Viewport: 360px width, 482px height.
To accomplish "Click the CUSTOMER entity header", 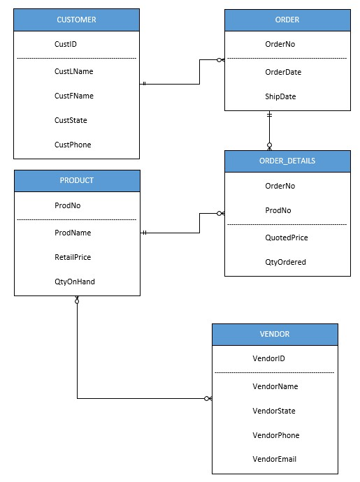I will point(77,20).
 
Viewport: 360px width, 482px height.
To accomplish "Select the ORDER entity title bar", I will point(287,20).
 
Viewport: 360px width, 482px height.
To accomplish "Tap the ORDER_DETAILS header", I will point(287,161).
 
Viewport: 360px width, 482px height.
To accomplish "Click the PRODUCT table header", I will point(77,180).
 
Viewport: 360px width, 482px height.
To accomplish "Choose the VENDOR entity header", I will point(275,335).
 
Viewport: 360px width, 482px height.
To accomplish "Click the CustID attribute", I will point(66,44).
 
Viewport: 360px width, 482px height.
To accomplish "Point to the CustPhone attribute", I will point(73,145).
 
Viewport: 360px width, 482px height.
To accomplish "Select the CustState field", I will point(71,120).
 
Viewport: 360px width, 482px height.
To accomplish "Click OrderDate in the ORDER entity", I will point(283,72).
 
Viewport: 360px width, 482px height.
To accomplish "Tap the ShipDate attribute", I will point(281,96).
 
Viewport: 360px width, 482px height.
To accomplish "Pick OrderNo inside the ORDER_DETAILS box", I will point(280,186).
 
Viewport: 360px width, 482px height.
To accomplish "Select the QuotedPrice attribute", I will point(287,238).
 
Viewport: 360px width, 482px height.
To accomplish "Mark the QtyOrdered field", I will point(285,262).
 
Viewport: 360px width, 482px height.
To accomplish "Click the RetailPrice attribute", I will point(73,257).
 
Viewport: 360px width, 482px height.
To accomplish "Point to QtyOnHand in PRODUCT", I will point(74,282).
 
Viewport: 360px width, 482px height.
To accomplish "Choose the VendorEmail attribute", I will point(274,459).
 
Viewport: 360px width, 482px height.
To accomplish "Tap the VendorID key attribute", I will point(268,358).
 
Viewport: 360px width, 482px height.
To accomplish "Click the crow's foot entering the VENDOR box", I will point(208,399).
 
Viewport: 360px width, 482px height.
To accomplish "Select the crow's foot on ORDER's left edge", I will point(220,60).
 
